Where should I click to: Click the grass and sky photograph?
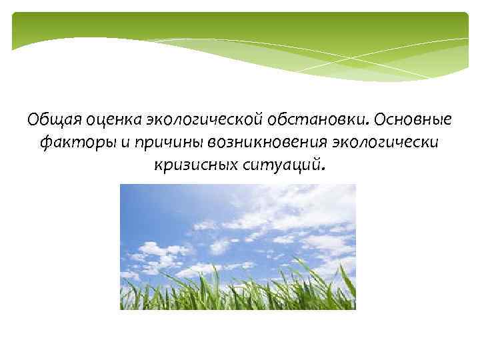(x=238, y=247)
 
